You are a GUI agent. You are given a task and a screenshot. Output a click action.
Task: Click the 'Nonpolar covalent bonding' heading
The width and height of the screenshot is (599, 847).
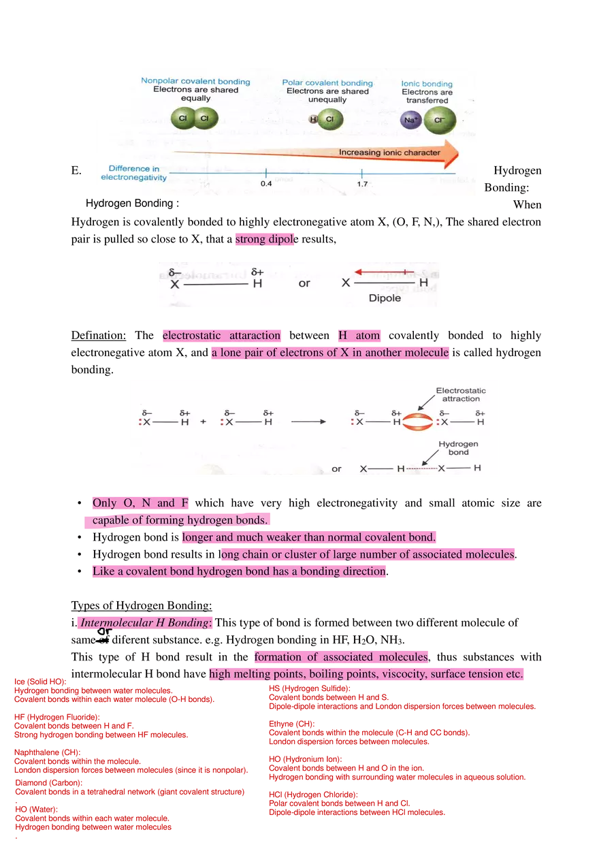195,82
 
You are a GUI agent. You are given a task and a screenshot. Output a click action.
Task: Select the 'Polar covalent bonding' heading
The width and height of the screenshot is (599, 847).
327,83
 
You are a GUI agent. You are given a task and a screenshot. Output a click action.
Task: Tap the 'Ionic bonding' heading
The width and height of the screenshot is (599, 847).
427,84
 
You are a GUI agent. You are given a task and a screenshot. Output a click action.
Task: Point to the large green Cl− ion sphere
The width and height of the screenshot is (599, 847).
439,121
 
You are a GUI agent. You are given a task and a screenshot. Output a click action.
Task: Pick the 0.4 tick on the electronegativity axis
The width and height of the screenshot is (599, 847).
266,174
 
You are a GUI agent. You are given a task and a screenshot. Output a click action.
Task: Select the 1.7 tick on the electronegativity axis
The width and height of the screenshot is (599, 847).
361,174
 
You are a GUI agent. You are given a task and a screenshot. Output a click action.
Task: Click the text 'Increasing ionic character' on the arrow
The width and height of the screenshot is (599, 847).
389,153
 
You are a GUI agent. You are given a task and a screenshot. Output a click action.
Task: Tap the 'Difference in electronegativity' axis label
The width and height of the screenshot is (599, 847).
133,173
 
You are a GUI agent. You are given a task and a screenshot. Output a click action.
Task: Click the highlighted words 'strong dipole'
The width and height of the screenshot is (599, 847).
266,240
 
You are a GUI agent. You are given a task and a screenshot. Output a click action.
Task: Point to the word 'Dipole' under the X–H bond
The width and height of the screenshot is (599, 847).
385,298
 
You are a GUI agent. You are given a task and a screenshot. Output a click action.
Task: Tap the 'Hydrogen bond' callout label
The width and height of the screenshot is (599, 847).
458,448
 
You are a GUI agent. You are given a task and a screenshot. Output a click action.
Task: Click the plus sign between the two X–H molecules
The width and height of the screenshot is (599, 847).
203,422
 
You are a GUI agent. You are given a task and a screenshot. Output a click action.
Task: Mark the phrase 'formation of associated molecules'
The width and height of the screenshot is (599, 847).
341,657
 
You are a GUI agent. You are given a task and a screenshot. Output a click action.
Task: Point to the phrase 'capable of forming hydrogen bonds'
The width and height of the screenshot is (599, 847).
178,521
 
